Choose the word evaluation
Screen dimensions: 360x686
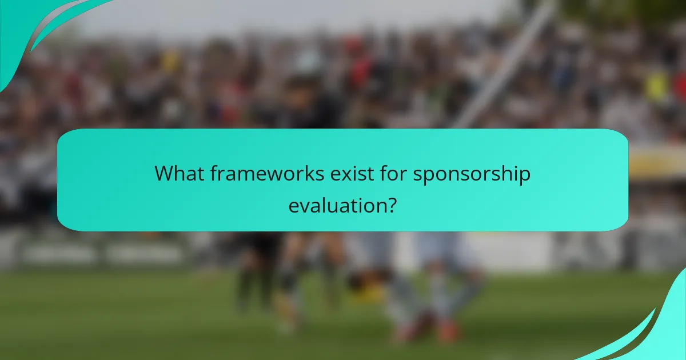pyautogui.click(x=334, y=205)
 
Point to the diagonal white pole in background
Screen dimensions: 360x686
pyautogui.click(x=503, y=74)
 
